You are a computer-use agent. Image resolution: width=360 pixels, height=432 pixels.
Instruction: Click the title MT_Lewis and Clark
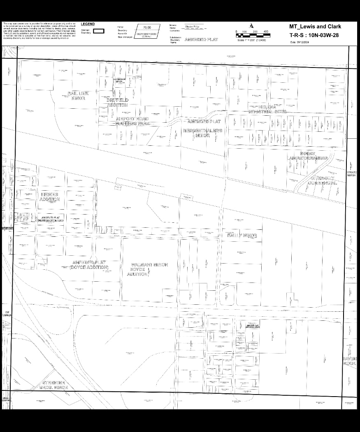coord(315,27)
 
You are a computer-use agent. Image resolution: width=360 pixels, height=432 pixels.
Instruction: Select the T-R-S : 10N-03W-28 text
coord(315,35)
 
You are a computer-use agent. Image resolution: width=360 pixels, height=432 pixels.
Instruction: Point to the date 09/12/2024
coord(299,42)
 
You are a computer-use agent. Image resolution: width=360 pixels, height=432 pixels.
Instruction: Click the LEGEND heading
coord(88,24)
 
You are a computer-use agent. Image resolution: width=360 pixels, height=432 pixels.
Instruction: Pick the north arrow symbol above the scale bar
coord(251,26)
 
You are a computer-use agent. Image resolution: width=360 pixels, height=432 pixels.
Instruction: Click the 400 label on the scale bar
coord(265,31)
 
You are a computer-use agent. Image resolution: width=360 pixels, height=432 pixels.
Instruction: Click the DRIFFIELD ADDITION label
coord(118,102)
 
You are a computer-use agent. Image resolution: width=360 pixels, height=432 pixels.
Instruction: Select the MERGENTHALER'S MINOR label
coord(202,133)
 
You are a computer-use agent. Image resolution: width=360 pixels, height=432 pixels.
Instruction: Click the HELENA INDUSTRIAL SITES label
coord(267,109)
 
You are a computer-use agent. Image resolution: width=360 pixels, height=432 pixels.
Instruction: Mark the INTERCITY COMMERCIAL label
coord(323,180)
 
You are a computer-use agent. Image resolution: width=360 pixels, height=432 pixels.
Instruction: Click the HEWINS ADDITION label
coord(50,196)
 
